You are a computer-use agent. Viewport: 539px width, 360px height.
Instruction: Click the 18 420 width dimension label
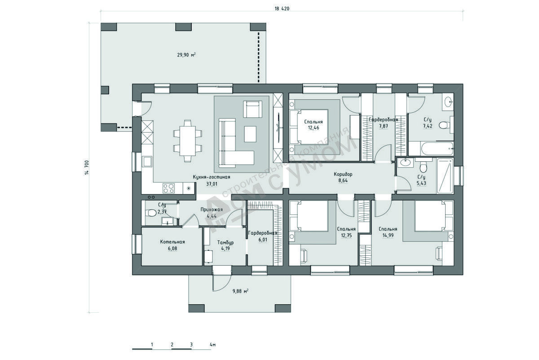[282, 9]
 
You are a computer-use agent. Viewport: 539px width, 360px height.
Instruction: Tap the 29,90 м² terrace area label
[186, 55]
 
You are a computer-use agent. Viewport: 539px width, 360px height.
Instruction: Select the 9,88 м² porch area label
[240, 291]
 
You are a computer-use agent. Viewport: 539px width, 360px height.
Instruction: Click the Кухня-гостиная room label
[212, 177]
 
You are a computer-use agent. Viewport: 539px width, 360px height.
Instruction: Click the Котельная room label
[172, 242]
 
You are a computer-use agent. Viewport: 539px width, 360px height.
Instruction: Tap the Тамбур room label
[225, 242]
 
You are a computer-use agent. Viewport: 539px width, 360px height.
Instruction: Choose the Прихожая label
[212, 210]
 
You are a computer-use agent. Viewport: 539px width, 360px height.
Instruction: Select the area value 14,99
[388, 236]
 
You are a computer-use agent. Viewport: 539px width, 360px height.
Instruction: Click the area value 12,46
[314, 128]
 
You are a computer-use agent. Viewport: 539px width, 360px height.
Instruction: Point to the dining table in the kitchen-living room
[188, 141]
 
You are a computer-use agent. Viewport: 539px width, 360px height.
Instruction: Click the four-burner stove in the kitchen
[168, 188]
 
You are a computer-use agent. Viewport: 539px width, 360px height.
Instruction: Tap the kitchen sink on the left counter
[147, 161]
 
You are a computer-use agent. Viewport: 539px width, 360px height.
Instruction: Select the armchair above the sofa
[252, 109]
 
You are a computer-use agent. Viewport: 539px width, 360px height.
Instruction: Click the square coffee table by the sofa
[250, 134]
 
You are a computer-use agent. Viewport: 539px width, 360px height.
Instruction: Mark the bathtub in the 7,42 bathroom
[437, 149]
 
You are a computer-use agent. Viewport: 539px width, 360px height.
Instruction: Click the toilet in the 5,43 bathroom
[423, 166]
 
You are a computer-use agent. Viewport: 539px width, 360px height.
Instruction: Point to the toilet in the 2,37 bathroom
[151, 213]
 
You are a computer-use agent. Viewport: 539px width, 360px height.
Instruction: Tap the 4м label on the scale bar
[213, 345]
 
